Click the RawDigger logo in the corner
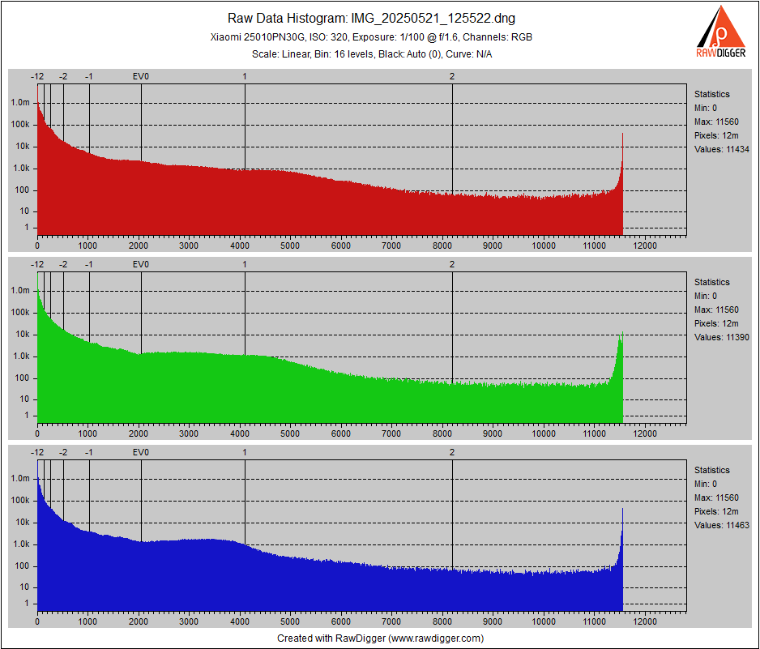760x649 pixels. pyautogui.click(x=722, y=32)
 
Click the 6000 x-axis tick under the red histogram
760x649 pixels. pyautogui.click(x=341, y=245)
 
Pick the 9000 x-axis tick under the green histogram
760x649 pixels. pyautogui.click(x=493, y=433)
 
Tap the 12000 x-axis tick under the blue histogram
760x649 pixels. pyautogui.click(x=645, y=621)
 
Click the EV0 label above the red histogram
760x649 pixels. pyautogui.click(x=141, y=76)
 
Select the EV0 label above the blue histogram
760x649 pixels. pyautogui.click(x=141, y=452)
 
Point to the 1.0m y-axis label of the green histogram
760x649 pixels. pyautogui.click(x=20, y=291)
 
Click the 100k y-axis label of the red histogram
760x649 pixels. pyautogui.click(x=20, y=125)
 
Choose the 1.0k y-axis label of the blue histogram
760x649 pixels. pyautogui.click(x=20, y=544)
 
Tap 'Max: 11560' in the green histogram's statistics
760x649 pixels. pyautogui.click(x=716, y=310)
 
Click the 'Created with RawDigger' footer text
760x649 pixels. pyautogui.click(x=380, y=638)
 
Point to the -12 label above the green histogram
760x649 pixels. pyautogui.click(x=37, y=264)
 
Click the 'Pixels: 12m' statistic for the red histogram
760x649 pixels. pyautogui.click(x=715, y=135)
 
